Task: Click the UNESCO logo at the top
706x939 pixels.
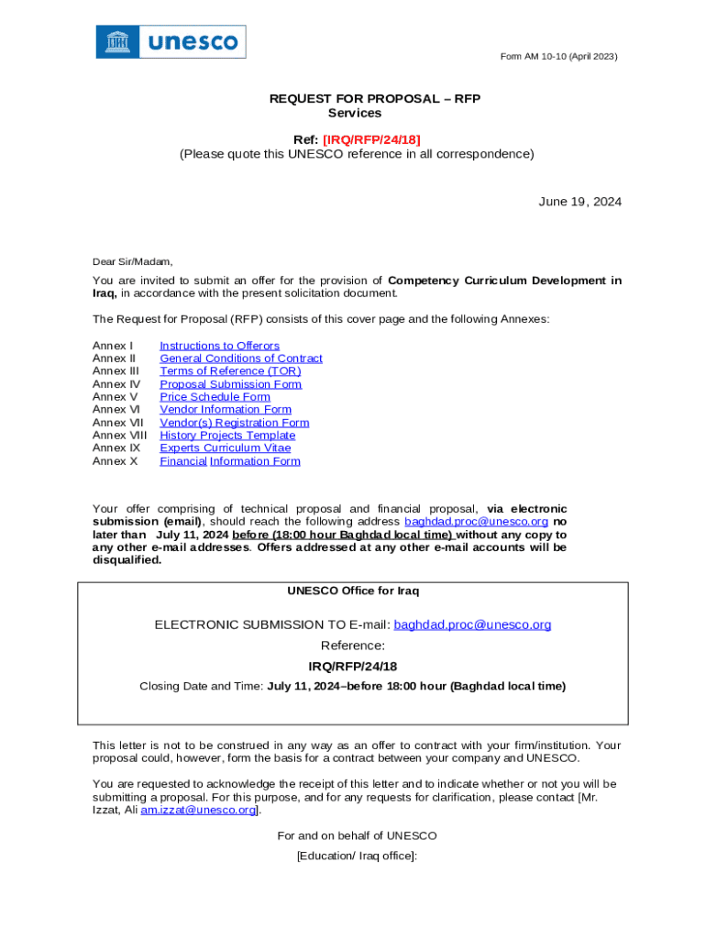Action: [171, 42]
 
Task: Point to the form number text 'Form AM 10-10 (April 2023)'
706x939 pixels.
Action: [558, 57]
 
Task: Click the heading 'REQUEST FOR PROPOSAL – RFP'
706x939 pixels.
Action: [374, 99]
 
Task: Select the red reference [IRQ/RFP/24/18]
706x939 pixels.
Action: [371, 139]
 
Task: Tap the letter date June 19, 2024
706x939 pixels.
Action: [579, 202]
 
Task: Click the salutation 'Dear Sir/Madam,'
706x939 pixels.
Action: [132, 261]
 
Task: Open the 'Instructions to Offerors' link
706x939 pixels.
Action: [219, 346]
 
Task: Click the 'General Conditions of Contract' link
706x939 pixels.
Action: [241, 359]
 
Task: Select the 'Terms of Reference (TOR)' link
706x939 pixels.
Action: [230, 371]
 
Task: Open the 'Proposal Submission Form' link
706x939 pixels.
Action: [230, 384]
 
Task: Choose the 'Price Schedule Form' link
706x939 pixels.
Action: [215, 397]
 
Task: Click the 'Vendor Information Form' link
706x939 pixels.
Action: [226, 410]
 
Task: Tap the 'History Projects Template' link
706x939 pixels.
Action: [227, 436]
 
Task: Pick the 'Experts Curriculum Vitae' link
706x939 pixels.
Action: [225, 448]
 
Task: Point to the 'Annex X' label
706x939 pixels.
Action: [115, 461]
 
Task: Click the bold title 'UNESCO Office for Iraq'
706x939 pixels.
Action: [353, 591]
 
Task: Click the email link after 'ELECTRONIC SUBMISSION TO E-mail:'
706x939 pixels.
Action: [472, 625]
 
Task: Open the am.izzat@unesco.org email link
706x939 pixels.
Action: [198, 811]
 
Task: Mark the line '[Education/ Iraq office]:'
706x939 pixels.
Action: [357, 856]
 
